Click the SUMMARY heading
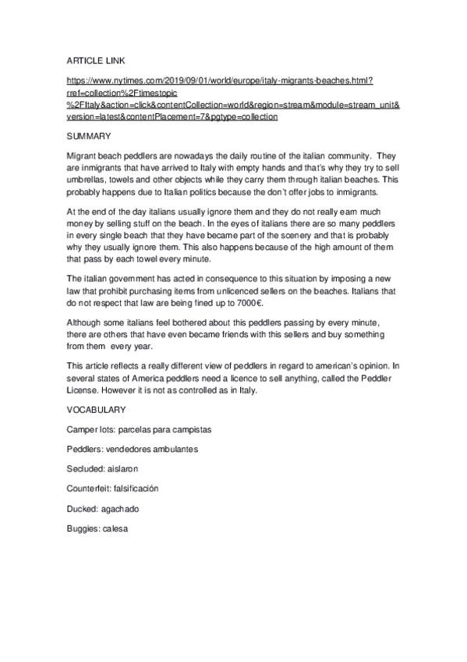click(x=90, y=136)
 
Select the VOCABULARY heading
click(x=97, y=410)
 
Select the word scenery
click(x=321, y=235)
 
